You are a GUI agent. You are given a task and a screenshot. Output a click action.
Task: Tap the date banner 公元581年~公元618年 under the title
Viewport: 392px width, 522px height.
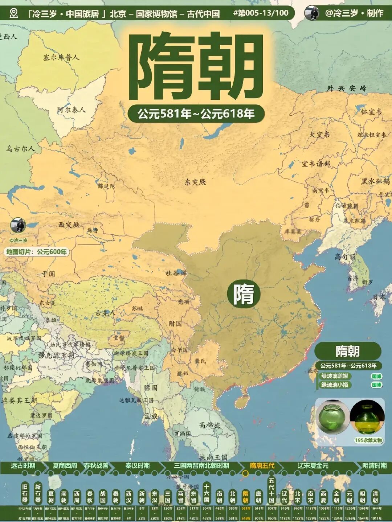pyautogui.click(x=196, y=114)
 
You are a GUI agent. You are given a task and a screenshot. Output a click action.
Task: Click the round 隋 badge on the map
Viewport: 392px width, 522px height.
pyautogui.click(x=244, y=294)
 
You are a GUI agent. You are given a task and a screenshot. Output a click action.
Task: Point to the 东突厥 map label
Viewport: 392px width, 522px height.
pyautogui.click(x=195, y=182)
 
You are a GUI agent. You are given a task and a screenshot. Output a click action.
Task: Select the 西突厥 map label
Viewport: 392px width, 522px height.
pyautogui.click(x=69, y=225)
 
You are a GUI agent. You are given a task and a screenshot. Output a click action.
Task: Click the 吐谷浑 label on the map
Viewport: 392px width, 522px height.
pyautogui.click(x=176, y=273)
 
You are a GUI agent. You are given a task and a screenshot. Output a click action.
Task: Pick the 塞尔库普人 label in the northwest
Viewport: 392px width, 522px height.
pyautogui.click(x=61, y=57)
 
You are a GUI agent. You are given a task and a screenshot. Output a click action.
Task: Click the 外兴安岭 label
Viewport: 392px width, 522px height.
pyautogui.click(x=347, y=88)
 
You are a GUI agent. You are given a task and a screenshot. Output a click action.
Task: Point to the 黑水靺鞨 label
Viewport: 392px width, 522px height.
pyautogui.click(x=375, y=181)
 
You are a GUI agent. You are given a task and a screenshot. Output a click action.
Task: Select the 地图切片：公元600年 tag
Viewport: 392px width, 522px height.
pyautogui.click(x=36, y=252)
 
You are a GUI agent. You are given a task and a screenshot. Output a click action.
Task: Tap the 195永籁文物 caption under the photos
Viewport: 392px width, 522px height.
pyautogui.click(x=368, y=440)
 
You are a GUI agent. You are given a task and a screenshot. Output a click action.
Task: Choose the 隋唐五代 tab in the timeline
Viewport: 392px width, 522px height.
pyautogui.click(x=262, y=466)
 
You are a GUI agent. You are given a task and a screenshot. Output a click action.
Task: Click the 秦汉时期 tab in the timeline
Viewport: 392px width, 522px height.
pyautogui.click(x=137, y=466)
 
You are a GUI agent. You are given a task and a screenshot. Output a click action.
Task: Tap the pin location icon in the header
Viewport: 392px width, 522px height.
pyautogui.click(x=14, y=13)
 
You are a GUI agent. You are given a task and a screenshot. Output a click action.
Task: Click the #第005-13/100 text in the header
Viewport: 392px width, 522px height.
pyautogui.click(x=261, y=13)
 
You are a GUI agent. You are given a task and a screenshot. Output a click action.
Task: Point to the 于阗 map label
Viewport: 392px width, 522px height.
pyautogui.click(x=48, y=274)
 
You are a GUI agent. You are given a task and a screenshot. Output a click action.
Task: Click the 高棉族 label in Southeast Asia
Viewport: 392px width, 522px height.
pyautogui.click(x=209, y=425)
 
